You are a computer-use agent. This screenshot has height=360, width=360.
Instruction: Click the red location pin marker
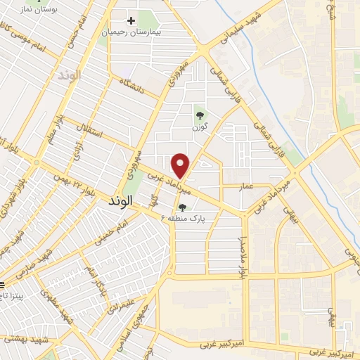tap(181, 165)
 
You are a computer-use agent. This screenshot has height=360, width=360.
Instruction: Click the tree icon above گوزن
tap(200, 116)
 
